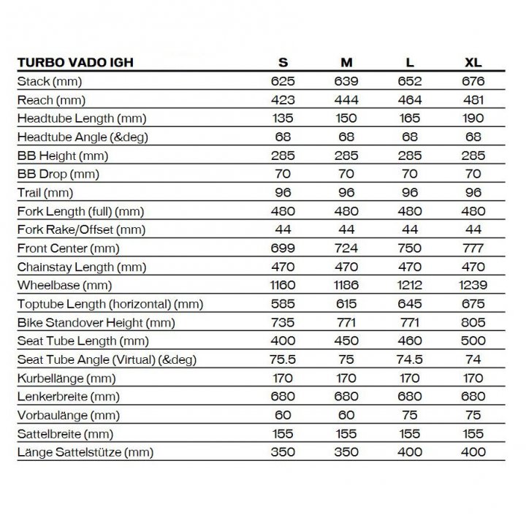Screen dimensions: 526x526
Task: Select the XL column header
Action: (473, 63)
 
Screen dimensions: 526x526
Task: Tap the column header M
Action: (346, 63)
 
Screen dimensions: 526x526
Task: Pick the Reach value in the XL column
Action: (473, 99)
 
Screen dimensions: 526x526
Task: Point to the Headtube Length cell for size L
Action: (410, 118)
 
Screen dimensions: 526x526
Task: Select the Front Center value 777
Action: (473, 248)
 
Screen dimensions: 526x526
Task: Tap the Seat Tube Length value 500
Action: (473, 341)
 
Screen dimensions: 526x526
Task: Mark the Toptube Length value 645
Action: (410, 304)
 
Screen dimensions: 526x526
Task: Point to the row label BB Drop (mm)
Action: (58, 174)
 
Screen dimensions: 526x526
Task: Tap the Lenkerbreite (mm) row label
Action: (66, 397)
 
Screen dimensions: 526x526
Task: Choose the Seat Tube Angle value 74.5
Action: (410, 359)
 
